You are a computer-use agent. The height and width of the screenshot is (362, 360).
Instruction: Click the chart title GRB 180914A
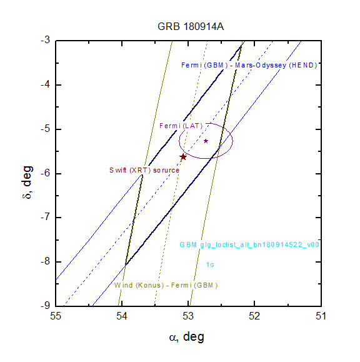pyautogui.click(x=191, y=26)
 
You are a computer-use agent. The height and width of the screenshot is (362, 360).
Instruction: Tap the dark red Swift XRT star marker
pyautogui.click(x=183, y=157)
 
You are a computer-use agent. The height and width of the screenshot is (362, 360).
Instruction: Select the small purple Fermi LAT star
pyautogui.click(x=206, y=141)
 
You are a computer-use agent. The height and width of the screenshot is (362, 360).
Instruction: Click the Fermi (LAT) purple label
pyautogui.click(x=181, y=126)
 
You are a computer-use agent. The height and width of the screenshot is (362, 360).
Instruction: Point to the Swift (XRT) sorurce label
pyautogui.click(x=144, y=171)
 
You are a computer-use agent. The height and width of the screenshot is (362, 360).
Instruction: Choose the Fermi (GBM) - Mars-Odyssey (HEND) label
pyautogui.click(x=249, y=66)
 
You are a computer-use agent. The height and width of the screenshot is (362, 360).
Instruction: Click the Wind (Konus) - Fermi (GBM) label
pyautogui.click(x=166, y=285)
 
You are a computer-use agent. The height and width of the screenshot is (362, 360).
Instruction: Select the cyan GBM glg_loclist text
pyautogui.click(x=249, y=244)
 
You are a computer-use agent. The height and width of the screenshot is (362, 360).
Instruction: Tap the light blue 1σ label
pyautogui.click(x=210, y=264)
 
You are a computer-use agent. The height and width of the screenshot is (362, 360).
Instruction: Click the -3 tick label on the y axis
pyautogui.click(x=45, y=40)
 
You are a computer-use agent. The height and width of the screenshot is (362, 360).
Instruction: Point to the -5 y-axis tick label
pyautogui.click(x=45, y=129)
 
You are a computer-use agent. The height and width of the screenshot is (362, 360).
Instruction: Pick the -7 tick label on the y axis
pyautogui.click(x=45, y=217)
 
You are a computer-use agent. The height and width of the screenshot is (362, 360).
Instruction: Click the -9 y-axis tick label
pyautogui.click(x=45, y=306)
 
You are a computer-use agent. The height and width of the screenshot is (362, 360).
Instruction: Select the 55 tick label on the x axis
pyautogui.click(x=56, y=316)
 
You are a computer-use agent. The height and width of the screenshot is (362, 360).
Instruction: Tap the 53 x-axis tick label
pyautogui.click(x=188, y=316)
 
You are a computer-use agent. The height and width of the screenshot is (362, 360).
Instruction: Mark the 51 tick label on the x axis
pyautogui.click(x=321, y=316)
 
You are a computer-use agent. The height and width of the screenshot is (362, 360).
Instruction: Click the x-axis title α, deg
pyautogui.click(x=187, y=337)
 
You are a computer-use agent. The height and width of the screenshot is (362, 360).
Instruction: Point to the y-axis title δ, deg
pyautogui.click(x=27, y=182)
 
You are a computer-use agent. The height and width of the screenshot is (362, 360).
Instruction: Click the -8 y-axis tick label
pyautogui.click(x=45, y=261)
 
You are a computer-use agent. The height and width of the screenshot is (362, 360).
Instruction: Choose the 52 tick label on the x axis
pyautogui.click(x=254, y=316)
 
